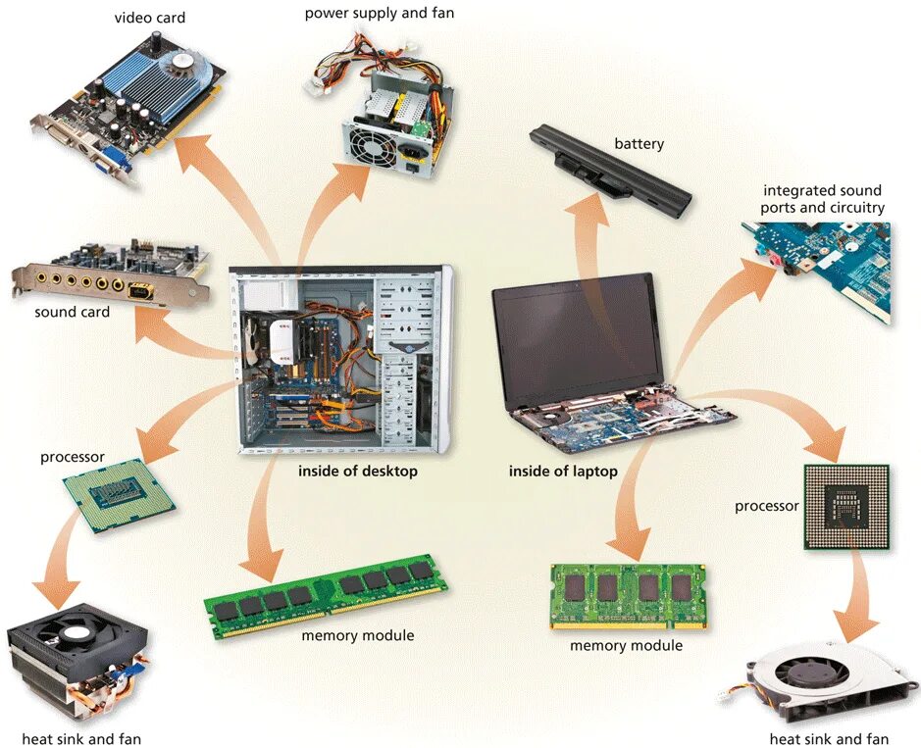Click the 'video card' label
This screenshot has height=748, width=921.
click(x=149, y=18)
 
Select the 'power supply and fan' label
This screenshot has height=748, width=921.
click(x=379, y=13)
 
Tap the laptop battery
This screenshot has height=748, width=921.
click(x=609, y=172)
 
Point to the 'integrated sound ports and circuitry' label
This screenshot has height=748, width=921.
click(x=823, y=199)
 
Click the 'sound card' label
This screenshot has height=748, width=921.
click(x=72, y=312)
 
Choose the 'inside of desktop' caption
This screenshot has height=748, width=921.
click(x=358, y=472)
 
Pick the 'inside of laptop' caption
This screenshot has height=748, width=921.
click(x=563, y=472)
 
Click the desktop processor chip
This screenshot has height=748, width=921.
click(x=119, y=497)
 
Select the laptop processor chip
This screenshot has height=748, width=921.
click(x=845, y=507)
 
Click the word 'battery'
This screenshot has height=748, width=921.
click(x=639, y=144)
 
